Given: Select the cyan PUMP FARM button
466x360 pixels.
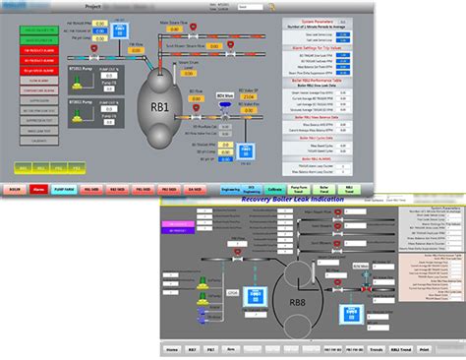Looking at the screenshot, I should (65, 189).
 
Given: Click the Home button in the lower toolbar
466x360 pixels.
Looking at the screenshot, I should (172, 348).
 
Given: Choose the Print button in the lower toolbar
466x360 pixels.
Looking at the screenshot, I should (423, 348).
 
